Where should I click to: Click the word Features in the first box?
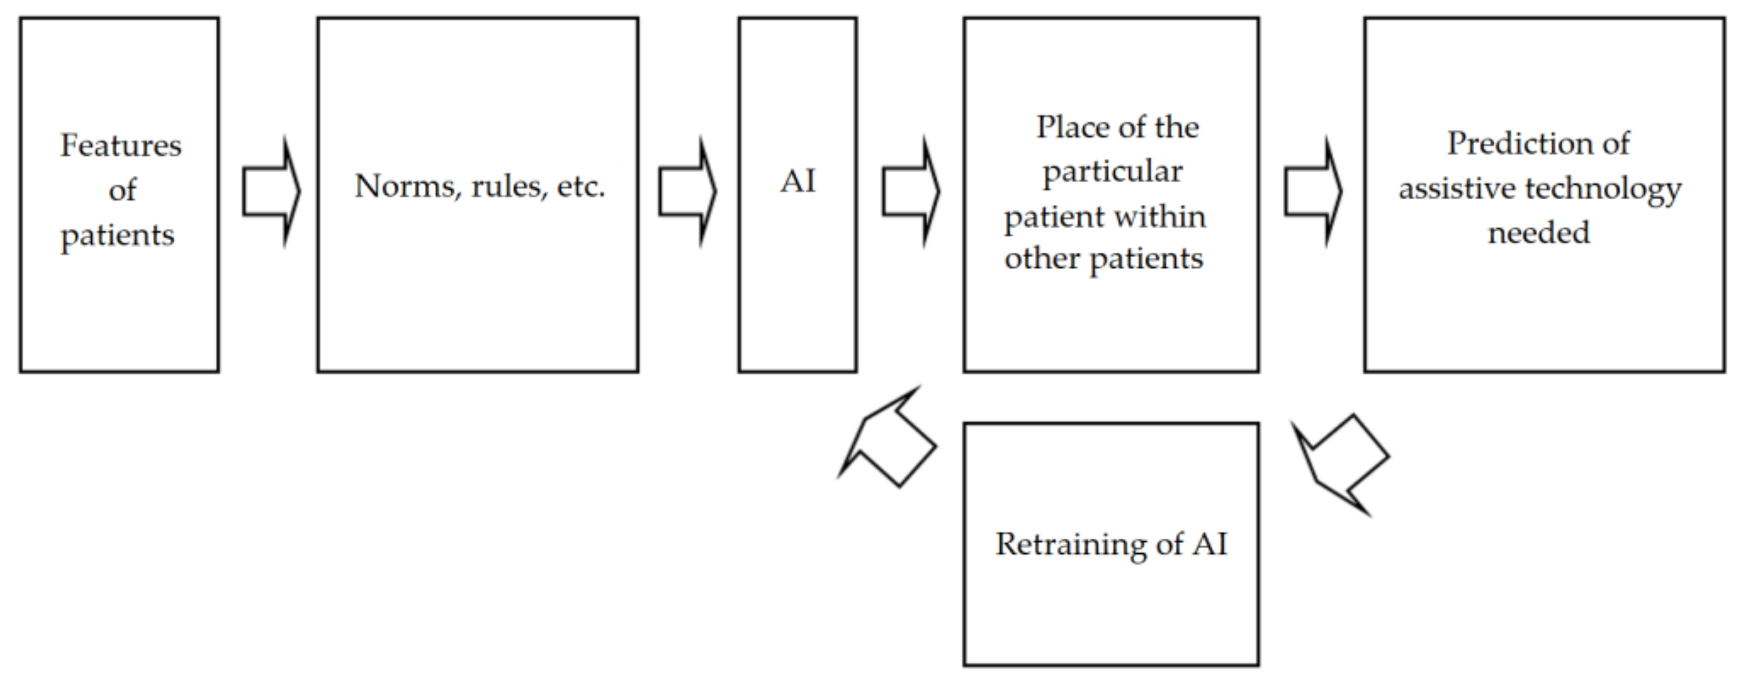tap(121, 146)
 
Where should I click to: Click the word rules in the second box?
tap(509, 186)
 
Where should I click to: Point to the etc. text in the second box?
tap(580, 186)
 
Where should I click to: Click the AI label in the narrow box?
tap(798, 181)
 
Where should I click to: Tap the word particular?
tap(1112, 171)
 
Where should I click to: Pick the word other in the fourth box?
tap(1041, 259)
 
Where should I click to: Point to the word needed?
tap(1539, 233)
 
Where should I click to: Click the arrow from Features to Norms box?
tap(270, 192)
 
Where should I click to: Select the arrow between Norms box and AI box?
tap(687, 192)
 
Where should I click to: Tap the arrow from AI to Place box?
tap(910, 192)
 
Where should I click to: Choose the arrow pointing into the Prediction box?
tap(1313, 192)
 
